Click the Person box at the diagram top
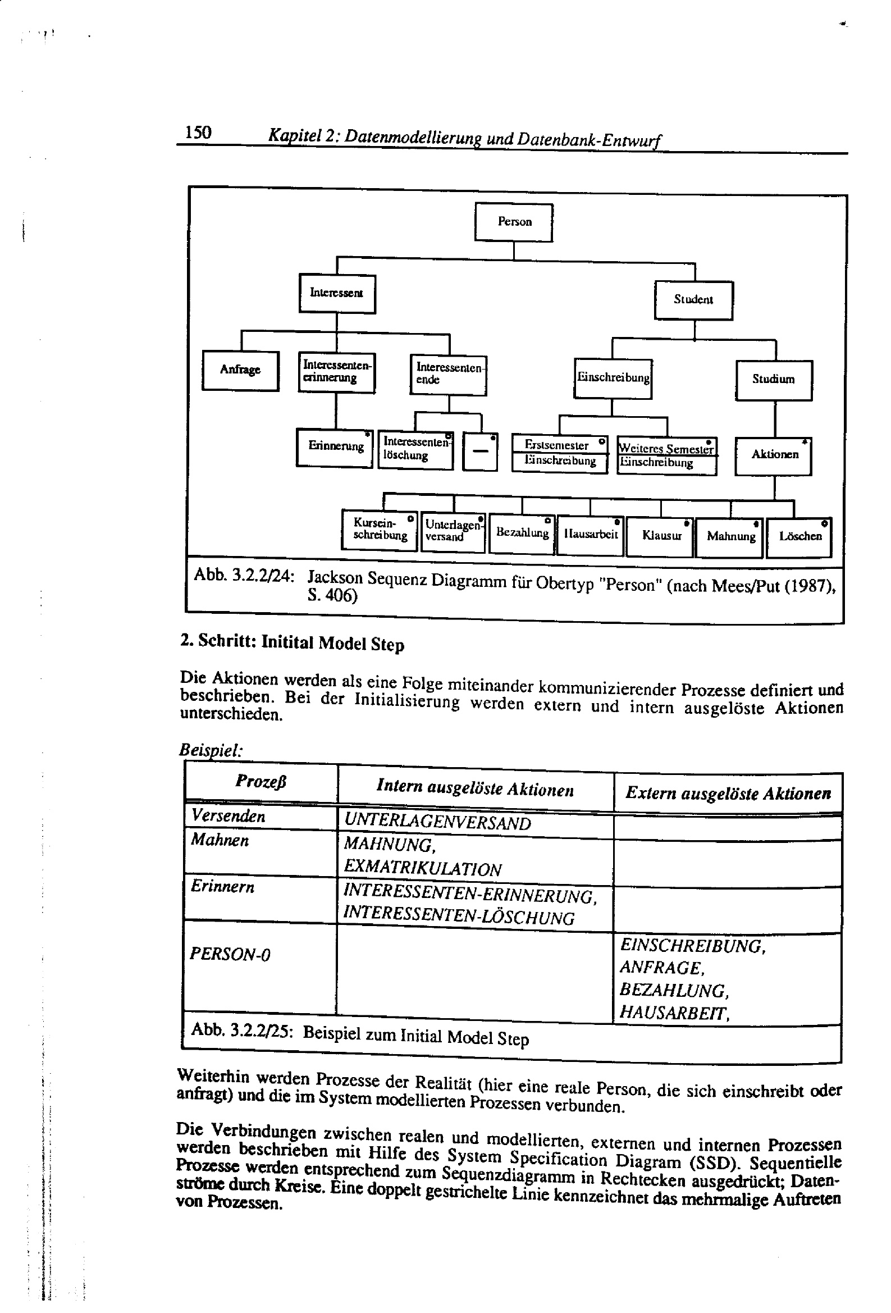pyautogui.click(x=514, y=222)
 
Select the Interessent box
pyautogui.click(x=337, y=293)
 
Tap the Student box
pyautogui.click(x=693, y=300)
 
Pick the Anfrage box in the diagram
pyautogui.click(x=240, y=370)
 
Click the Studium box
pyautogui.click(x=774, y=380)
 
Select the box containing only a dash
pyautogui.click(x=479, y=452)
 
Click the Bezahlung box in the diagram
pyautogui.click(x=522, y=534)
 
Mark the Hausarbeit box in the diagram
pyautogui.click(x=591, y=535)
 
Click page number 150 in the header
pyautogui.click(x=198, y=133)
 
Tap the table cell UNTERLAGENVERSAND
pyautogui.click(x=437, y=823)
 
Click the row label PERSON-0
pyautogui.click(x=230, y=954)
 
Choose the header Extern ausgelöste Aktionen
pyautogui.click(x=728, y=794)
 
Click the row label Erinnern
pyautogui.click(x=222, y=886)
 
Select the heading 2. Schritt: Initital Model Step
pyautogui.click(x=292, y=642)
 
